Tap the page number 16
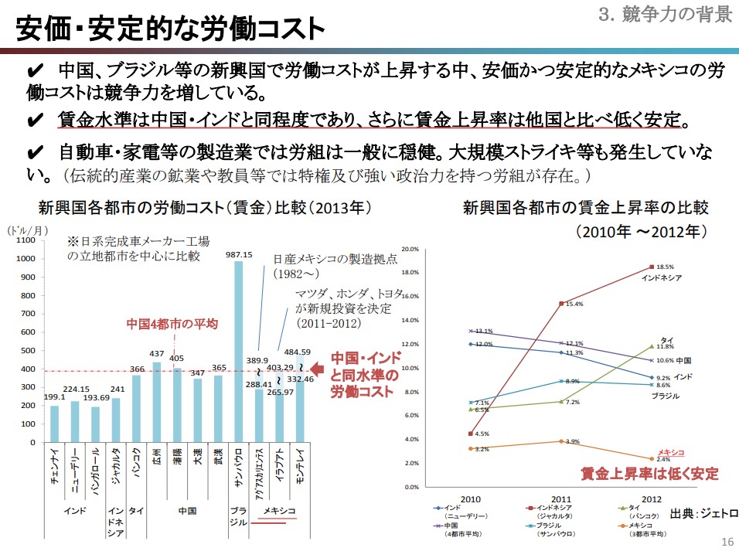(725, 541)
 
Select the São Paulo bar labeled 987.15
(238, 352)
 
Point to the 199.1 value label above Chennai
(54, 397)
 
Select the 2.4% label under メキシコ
(663, 459)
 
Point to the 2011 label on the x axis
(561, 498)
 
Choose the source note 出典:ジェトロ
(703, 513)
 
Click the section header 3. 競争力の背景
(666, 13)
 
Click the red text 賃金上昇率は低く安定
(649, 473)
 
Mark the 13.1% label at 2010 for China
(484, 331)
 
